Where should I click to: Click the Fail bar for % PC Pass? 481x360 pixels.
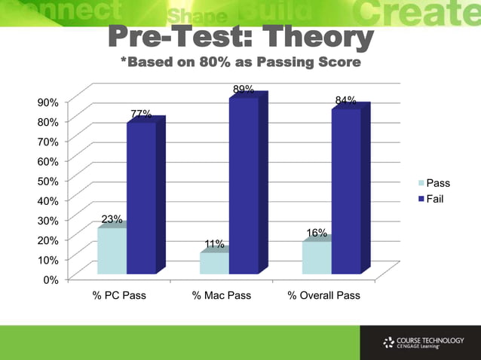pos(141,197)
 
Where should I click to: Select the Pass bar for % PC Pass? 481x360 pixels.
pos(112,251)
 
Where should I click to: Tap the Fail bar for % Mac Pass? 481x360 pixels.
pos(244,185)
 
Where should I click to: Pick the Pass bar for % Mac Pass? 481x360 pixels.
pos(215,263)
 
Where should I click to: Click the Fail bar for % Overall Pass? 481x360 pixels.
pos(346,191)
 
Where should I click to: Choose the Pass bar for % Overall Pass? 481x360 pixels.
pos(317,258)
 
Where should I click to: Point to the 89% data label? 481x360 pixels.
pos(243,90)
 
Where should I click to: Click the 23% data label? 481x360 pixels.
pos(112,219)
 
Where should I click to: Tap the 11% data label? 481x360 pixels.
pos(214,244)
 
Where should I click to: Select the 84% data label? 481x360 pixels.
pos(345,100)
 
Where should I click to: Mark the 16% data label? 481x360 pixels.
pos(317,233)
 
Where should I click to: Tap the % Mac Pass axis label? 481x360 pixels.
pos(222,295)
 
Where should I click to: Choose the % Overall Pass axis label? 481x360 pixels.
pos(324,295)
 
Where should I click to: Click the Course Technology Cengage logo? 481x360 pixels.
pos(419,343)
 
